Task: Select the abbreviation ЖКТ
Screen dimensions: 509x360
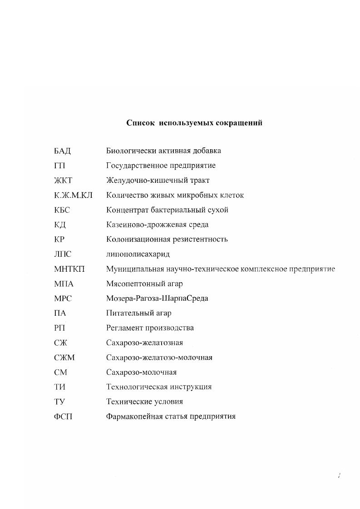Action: pyautogui.click(x=63, y=181)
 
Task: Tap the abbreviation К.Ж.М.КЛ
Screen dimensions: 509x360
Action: pyautogui.click(x=73, y=195)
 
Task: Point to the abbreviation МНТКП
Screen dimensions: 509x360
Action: pyautogui.click(x=69, y=269)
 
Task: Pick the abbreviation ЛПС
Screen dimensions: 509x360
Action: pyautogui.click(x=63, y=254)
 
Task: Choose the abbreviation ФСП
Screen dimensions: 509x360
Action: pyautogui.click(x=63, y=416)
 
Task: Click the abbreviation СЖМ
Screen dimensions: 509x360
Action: pyautogui.click(x=64, y=357)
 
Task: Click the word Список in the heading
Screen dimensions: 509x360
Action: pyautogui.click(x=141, y=123)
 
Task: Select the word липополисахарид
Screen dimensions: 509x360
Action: pyautogui.click(x=138, y=254)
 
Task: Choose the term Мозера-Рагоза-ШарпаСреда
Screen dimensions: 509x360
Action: pyautogui.click(x=157, y=299)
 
